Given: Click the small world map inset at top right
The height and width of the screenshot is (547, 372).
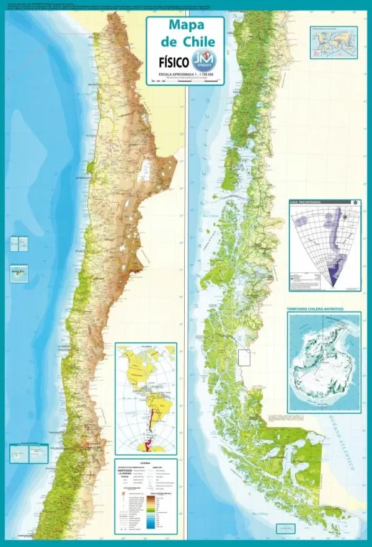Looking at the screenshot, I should point(334,42).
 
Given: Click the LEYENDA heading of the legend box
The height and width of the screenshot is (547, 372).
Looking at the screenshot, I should point(146,462).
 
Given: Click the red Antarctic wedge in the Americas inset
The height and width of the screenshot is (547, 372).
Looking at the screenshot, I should point(148,445).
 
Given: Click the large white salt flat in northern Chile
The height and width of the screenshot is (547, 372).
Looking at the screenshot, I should point(149,169).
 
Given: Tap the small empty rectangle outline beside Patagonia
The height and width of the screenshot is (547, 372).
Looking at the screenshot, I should point(244,357).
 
